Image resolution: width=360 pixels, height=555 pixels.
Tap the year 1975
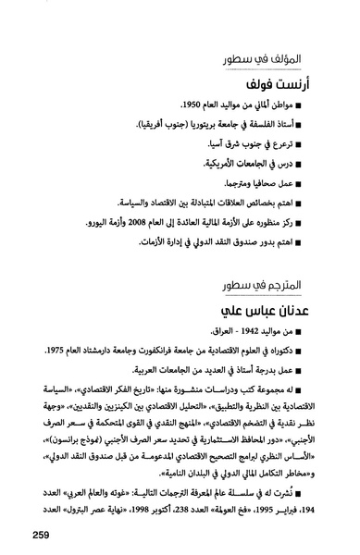(42, 351)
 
